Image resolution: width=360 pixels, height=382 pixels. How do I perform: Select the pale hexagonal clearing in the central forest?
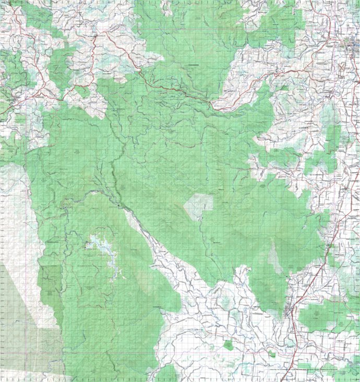coord(198,206)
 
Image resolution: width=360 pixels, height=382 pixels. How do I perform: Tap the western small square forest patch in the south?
coord(229,344)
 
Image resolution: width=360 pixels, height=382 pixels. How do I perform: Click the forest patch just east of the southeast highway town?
coord(318,316)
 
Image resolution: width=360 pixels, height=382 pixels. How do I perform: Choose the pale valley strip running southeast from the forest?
coord(157,250)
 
